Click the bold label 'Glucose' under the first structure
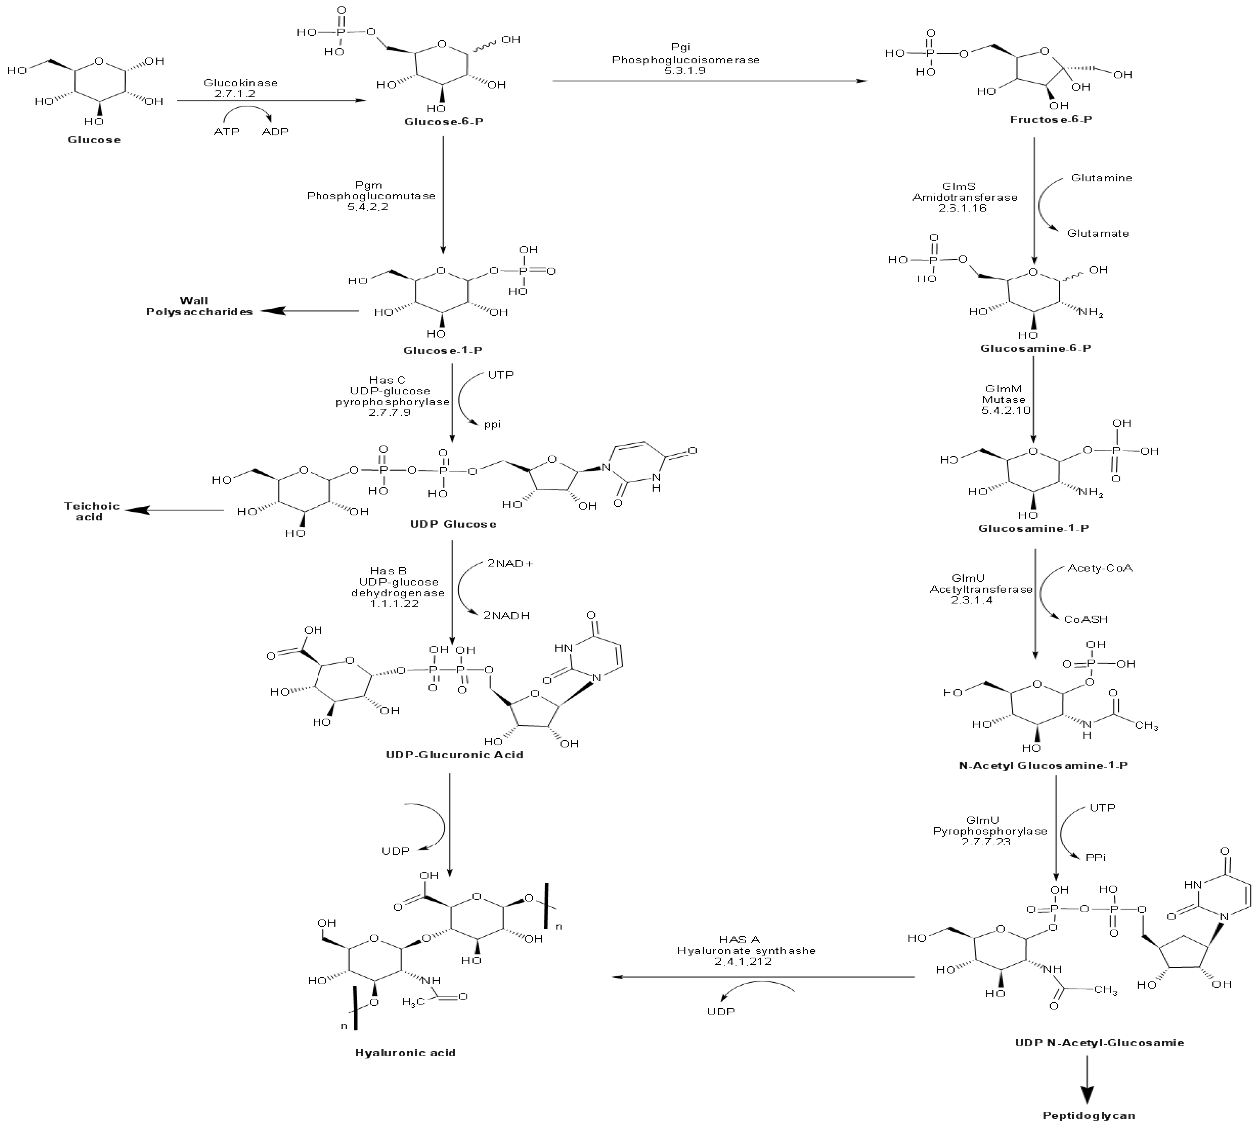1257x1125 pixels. point(94,140)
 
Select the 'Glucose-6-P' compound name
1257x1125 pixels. point(443,122)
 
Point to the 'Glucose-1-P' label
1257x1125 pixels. point(443,350)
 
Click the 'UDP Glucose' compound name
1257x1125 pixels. point(453,524)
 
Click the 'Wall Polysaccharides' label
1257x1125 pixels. point(199,306)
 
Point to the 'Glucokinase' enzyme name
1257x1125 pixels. point(240,83)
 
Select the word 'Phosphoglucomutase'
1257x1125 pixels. point(371,196)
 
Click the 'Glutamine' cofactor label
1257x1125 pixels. point(1101,178)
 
